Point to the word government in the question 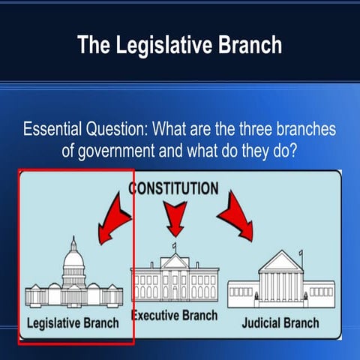point(119,148)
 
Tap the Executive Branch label point(175,316)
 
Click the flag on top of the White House point(175,245)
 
